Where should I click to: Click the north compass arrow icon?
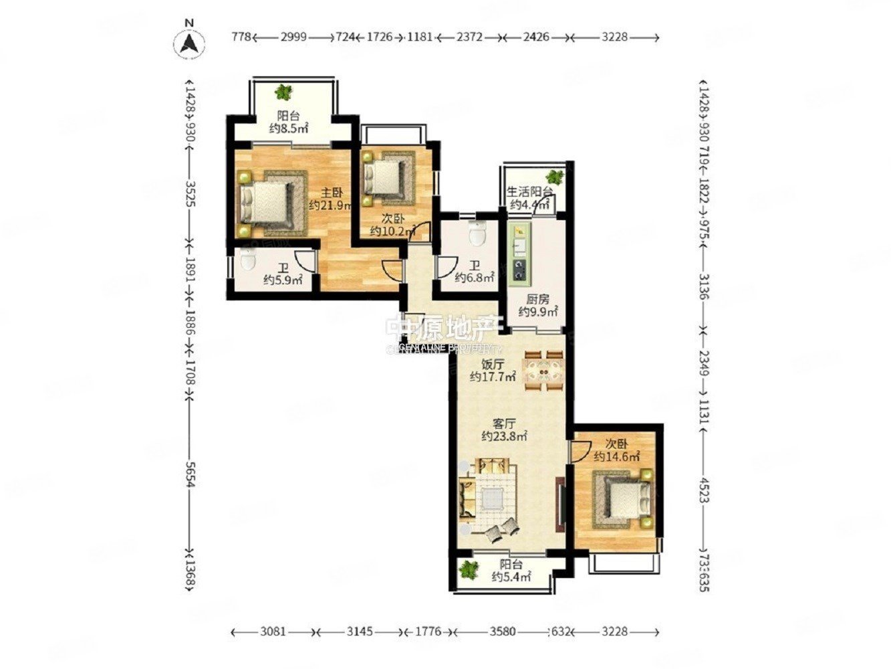coord(189,43)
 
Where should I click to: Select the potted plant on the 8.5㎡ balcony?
coord(285,92)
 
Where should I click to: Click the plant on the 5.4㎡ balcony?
coord(469,569)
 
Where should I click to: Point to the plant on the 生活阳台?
coord(554,178)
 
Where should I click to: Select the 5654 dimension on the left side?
coord(190,475)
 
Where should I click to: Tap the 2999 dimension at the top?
coord(293,37)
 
